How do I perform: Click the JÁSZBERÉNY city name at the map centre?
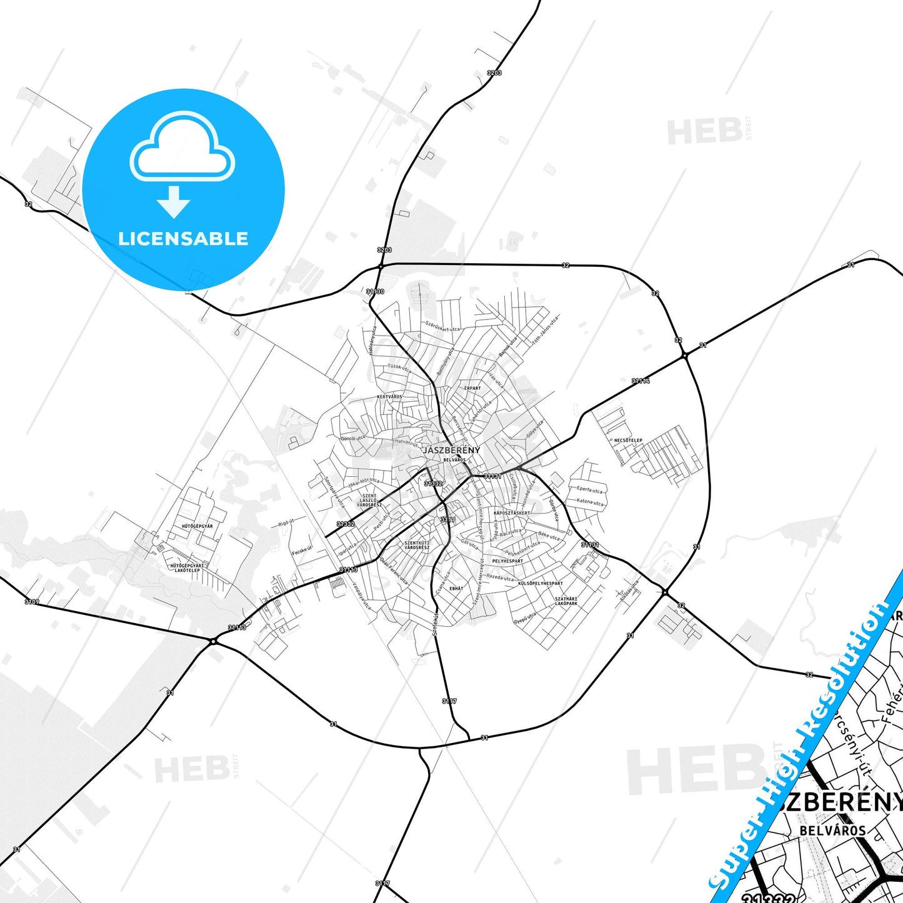[451, 450]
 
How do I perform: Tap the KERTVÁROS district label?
[389, 397]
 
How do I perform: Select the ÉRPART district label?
[472, 388]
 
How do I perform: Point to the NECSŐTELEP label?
[628, 441]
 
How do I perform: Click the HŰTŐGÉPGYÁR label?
[197, 526]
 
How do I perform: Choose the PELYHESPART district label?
[507, 561]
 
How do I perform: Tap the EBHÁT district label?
[456, 589]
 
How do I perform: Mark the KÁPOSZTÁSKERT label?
[511, 513]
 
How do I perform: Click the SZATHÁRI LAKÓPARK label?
[566, 601]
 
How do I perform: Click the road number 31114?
[641, 380]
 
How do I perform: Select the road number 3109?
[31, 602]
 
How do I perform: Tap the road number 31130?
[375, 291]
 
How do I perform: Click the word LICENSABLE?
[183, 238]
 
